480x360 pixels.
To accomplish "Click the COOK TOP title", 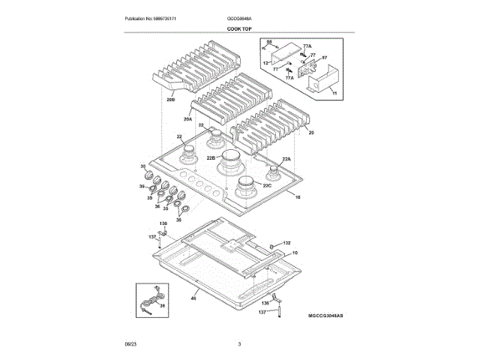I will pos(239,28).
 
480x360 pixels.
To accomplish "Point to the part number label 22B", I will pos(211,158).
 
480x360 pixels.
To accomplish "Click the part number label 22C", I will pos(267,185).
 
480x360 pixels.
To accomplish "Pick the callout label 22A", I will pos(286,159).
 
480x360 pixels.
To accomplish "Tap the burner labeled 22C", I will pos(247,185).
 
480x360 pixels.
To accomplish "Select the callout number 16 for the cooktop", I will pos(297,197).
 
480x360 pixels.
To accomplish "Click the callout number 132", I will pos(286,244).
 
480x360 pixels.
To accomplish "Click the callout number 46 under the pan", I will pos(193,298).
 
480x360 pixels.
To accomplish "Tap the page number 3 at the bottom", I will pos(239,343).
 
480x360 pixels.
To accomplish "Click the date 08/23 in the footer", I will pos(130,343).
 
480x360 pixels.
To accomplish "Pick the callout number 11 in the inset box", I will pos(334,94).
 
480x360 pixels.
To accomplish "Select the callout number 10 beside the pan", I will pos(295,254).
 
